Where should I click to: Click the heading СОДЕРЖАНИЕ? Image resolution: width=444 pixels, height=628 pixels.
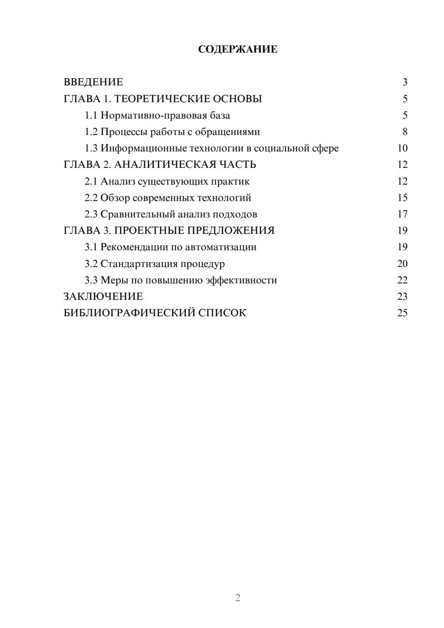pyautogui.click(x=238, y=49)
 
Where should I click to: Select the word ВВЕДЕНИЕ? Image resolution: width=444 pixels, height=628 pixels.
pyautogui.click(x=93, y=82)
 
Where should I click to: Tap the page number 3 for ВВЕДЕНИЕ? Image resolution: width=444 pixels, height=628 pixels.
pyautogui.click(x=404, y=82)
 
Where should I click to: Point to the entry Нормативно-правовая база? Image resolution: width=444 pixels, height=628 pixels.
pyautogui.click(x=165, y=115)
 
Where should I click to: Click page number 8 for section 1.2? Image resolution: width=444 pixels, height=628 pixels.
pyautogui.click(x=404, y=132)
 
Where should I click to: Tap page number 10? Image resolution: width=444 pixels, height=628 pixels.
pyautogui.click(x=402, y=148)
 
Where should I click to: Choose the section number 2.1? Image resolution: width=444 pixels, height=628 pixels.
pyautogui.click(x=91, y=182)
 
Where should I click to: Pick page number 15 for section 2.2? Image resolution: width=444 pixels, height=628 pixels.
pyautogui.click(x=402, y=198)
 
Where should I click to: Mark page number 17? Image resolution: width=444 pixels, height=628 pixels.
pyautogui.click(x=402, y=214)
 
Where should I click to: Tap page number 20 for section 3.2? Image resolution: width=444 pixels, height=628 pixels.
pyautogui.click(x=402, y=264)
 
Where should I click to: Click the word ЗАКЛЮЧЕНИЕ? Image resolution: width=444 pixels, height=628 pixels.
pyautogui.click(x=103, y=297)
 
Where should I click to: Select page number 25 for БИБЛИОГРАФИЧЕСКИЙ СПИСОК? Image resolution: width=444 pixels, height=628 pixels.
pyautogui.click(x=402, y=313)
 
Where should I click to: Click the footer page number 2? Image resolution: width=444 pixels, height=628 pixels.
pyautogui.click(x=238, y=598)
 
